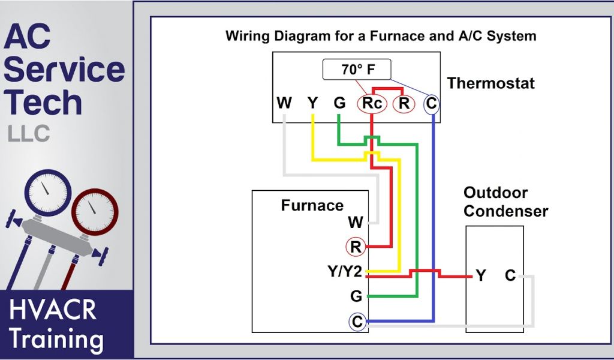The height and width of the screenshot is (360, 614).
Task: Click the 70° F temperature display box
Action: [x=357, y=70]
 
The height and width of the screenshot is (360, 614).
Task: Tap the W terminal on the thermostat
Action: [x=284, y=103]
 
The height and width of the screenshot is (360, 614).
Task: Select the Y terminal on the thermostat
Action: [x=312, y=103]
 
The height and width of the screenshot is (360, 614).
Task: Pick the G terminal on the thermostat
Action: [x=340, y=103]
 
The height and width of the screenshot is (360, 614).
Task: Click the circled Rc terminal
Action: [x=372, y=104]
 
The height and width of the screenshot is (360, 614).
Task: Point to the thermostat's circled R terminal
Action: [x=404, y=104]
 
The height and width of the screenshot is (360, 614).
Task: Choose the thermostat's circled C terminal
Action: [x=432, y=104]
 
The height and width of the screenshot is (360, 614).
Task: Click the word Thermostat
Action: [x=490, y=83]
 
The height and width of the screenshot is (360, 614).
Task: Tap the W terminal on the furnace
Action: [x=355, y=223]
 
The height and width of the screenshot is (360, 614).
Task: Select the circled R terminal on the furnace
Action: [x=356, y=247]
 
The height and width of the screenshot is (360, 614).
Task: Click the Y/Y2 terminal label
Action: [x=345, y=272]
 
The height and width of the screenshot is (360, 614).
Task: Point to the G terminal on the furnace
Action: [x=356, y=296]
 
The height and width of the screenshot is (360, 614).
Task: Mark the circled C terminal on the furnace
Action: [x=357, y=322]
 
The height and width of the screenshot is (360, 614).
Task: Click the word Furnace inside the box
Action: [x=312, y=206]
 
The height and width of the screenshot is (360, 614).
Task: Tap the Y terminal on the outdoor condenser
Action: [x=481, y=276]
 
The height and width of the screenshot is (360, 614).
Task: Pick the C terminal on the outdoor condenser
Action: [x=510, y=276]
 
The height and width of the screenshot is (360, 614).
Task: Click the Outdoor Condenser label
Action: [x=505, y=202]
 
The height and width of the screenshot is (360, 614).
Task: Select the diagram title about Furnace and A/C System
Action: [x=381, y=35]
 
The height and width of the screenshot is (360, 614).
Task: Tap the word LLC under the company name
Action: [x=29, y=134]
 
